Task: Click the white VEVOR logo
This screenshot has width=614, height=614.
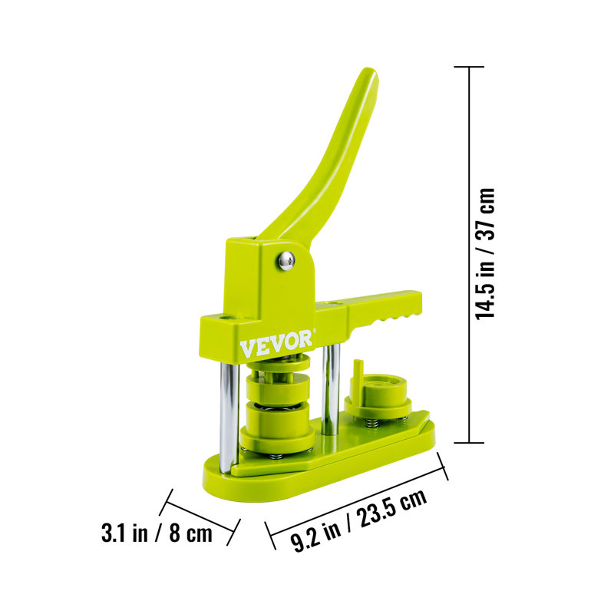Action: coord(276,343)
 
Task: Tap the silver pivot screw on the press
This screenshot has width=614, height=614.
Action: coord(286,260)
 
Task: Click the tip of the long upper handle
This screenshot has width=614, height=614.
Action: coord(370,72)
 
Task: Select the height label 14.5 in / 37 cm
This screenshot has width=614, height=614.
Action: coord(485,253)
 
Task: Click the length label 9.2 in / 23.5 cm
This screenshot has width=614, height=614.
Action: coord(358,520)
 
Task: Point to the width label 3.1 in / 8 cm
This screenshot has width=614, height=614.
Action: coord(157,533)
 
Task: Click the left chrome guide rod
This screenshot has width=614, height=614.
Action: coord(229,418)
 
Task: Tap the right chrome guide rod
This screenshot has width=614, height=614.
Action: coord(331,390)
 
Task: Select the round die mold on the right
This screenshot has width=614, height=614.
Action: coord(378,398)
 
